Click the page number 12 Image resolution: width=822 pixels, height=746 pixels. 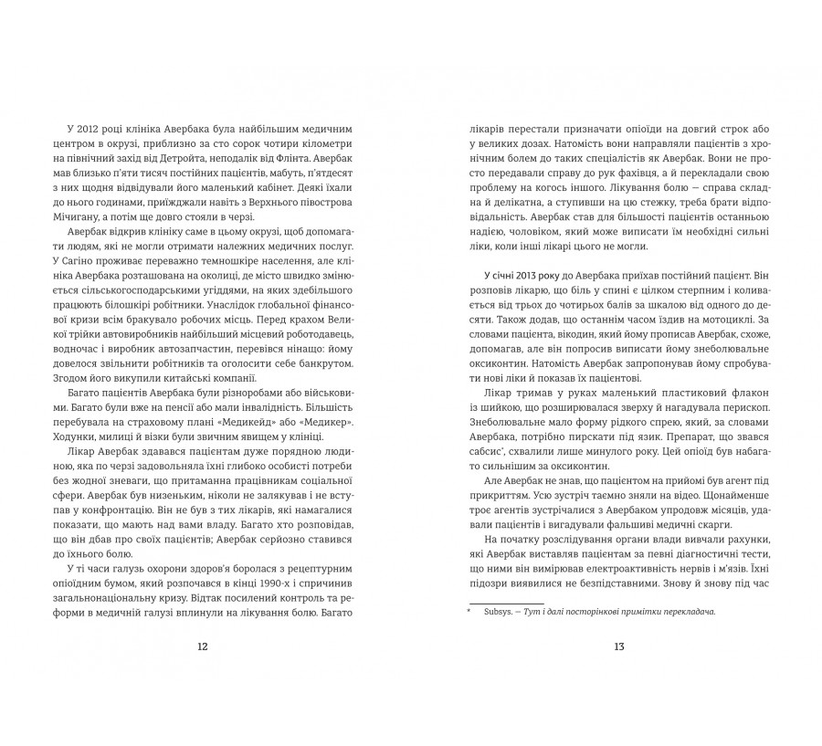(203, 646)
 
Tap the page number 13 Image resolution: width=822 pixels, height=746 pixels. (618, 646)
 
